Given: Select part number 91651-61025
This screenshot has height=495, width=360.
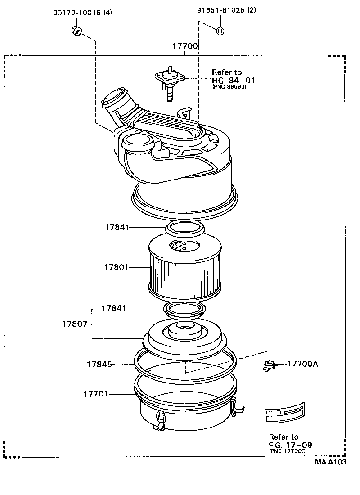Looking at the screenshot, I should (x=220, y=11).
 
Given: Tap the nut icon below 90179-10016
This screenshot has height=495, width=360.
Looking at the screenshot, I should (x=76, y=31).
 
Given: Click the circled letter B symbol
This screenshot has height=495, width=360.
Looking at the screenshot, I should (x=220, y=31).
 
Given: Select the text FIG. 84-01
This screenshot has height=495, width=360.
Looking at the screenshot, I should (x=234, y=81).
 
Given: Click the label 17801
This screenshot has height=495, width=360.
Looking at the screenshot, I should (x=116, y=267).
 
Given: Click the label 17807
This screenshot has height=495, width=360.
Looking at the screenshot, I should (x=74, y=324).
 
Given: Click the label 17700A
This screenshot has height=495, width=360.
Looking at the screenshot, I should (x=302, y=364).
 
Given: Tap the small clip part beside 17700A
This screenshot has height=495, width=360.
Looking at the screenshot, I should (x=269, y=366).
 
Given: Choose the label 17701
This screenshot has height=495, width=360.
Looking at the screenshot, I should (x=95, y=394).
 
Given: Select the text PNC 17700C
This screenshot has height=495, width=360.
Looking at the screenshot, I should (x=288, y=450).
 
